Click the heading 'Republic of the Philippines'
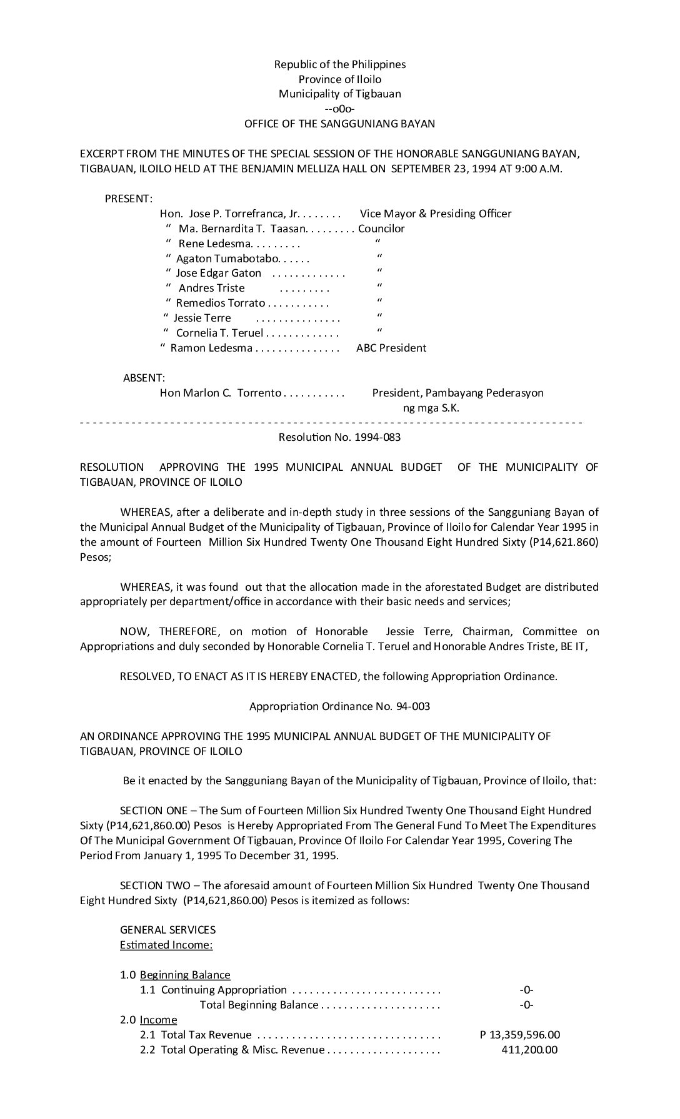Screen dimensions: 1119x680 pyautogui.click(x=339, y=64)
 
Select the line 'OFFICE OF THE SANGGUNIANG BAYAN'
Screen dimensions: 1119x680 pyautogui.click(x=339, y=124)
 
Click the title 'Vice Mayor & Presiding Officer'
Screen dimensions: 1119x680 pyautogui.click(x=436, y=214)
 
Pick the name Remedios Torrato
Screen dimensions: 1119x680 pyautogui.click(x=220, y=303)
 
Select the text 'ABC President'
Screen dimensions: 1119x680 pyautogui.click(x=391, y=348)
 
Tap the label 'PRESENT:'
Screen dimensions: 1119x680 pyautogui.click(x=129, y=199)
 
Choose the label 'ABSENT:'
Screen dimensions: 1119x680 pyautogui.click(x=144, y=378)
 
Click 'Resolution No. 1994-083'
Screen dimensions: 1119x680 pyautogui.click(x=339, y=437)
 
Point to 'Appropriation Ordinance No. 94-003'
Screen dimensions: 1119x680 pyautogui.click(x=339, y=706)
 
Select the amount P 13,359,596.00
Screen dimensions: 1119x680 pyautogui.click(x=520, y=1035)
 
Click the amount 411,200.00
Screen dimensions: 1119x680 pyautogui.click(x=529, y=1050)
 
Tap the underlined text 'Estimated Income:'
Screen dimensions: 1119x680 pyautogui.click(x=166, y=945)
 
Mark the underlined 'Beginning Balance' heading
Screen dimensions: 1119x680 pyautogui.click(x=185, y=975)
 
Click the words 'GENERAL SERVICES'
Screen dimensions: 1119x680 pyautogui.click(x=167, y=930)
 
